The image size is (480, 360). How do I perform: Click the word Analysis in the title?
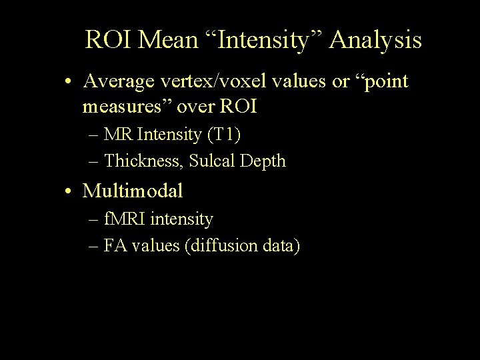[375, 40]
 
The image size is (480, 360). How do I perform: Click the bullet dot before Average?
[70, 83]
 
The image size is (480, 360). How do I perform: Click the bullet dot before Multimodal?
[70, 192]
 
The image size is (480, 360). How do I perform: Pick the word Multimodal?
[133, 191]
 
